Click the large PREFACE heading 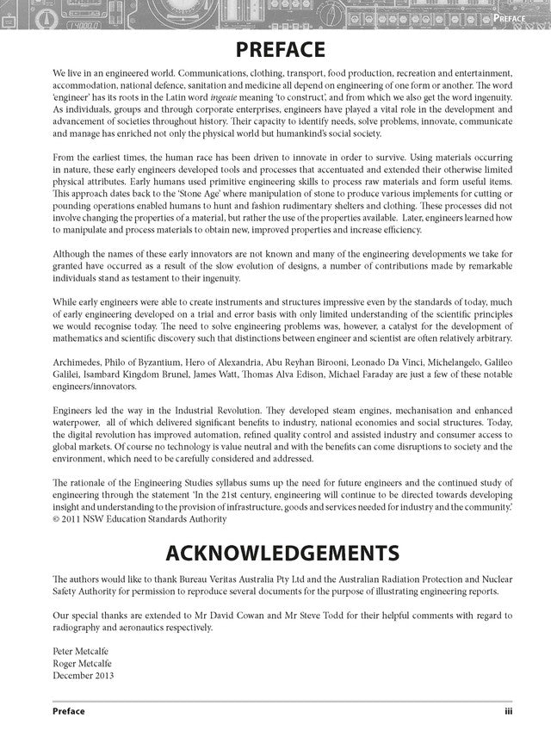click(x=275, y=48)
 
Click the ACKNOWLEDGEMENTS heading click(x=275, y=550)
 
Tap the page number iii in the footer click(x=509, y=712)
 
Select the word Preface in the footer click(x=68, y=712)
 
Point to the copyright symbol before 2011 click(x=57, y=519)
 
